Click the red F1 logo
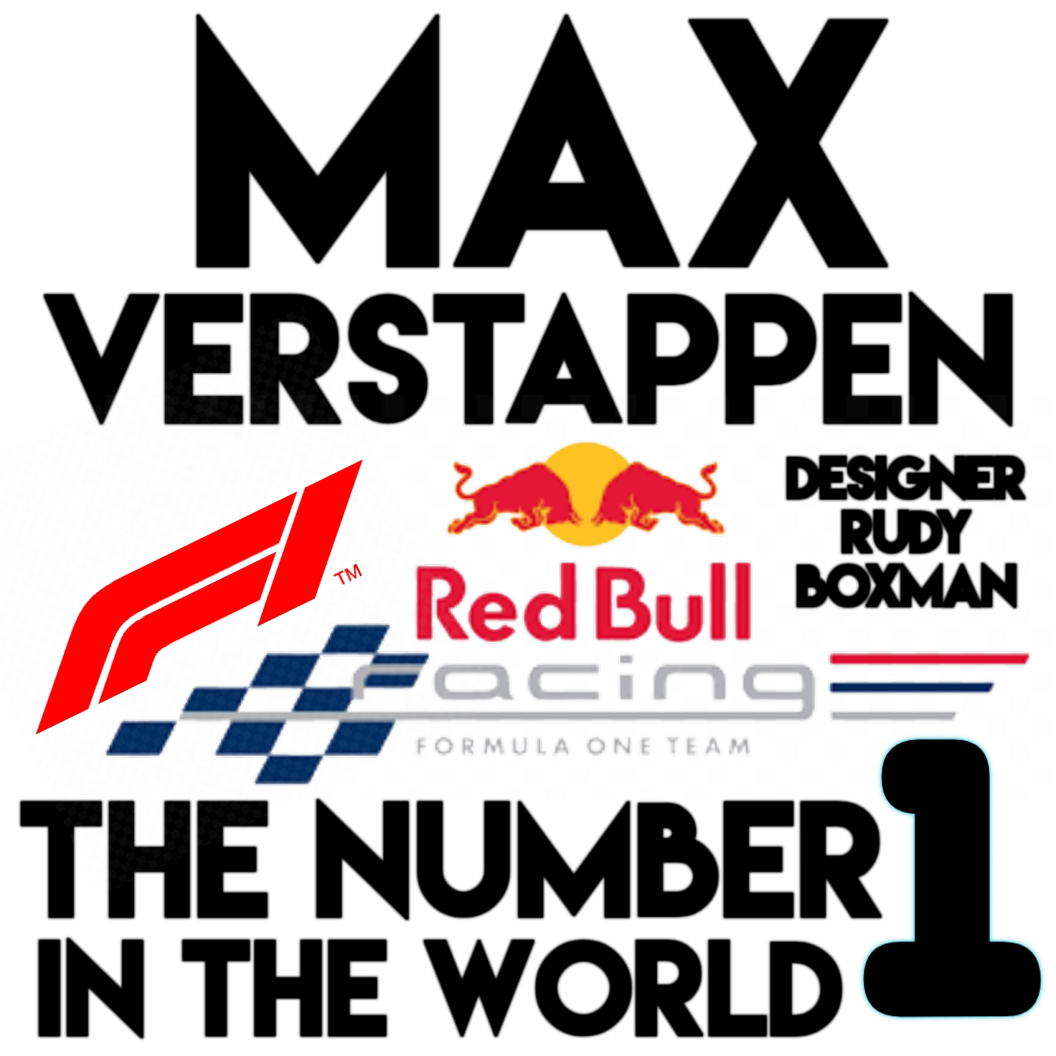pos(198,594)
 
